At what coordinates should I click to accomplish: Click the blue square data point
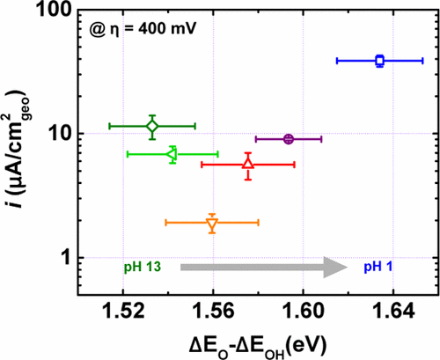click(x=379, y=61)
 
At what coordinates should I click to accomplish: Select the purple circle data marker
click(x=289, y=139)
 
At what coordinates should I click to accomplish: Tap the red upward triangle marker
click(x=248, y=165)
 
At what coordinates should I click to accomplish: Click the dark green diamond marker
click(x=152, y=126)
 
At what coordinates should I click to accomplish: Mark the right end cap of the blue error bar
click(x=422, y=61)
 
